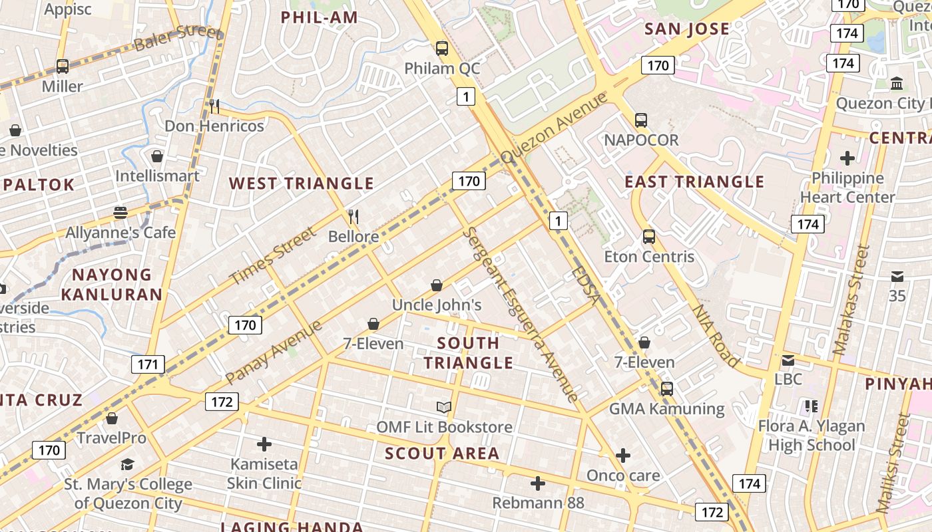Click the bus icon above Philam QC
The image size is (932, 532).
(x=442, y=48)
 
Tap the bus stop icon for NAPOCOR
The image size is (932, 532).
(x=641, y=120)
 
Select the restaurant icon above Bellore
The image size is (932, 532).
(x=353, y=216)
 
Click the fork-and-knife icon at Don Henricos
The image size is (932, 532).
(x=214, y=106)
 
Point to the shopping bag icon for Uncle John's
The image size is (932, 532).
(x=437, y=285)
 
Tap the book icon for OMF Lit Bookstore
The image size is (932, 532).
(x=444, y=407)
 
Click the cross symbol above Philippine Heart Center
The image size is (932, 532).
(x=847, y=158)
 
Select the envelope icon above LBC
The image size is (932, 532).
(x=788, y=360)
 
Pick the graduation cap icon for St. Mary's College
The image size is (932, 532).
(x=128, y=464)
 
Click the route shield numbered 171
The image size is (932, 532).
(x=148, y=364)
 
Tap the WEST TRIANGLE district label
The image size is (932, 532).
(x=302, y=184)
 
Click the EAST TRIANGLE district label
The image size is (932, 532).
(x=694, y=182)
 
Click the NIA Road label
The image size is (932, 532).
(x=716, y=336)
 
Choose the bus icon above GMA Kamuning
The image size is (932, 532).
(x=667, y=389)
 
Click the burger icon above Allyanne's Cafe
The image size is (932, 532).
(x=120, y=213)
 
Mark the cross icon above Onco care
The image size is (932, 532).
(x=623, y=456)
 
